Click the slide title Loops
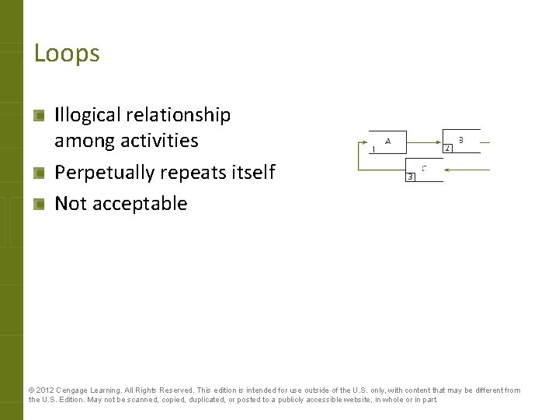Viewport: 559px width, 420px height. (x=67, y=54)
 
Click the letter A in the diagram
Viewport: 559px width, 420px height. (x=387, y=141)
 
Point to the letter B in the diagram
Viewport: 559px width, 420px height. (x=461, y=141)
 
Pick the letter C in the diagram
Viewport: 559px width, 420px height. (x=424, y=168)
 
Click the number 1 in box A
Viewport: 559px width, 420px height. (x=373, y=149)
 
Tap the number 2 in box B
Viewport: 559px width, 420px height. (x=447, y=148)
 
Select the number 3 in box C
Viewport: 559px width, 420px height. (x=410, y=177)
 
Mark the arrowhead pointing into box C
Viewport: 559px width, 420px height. (x=447, y=167)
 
